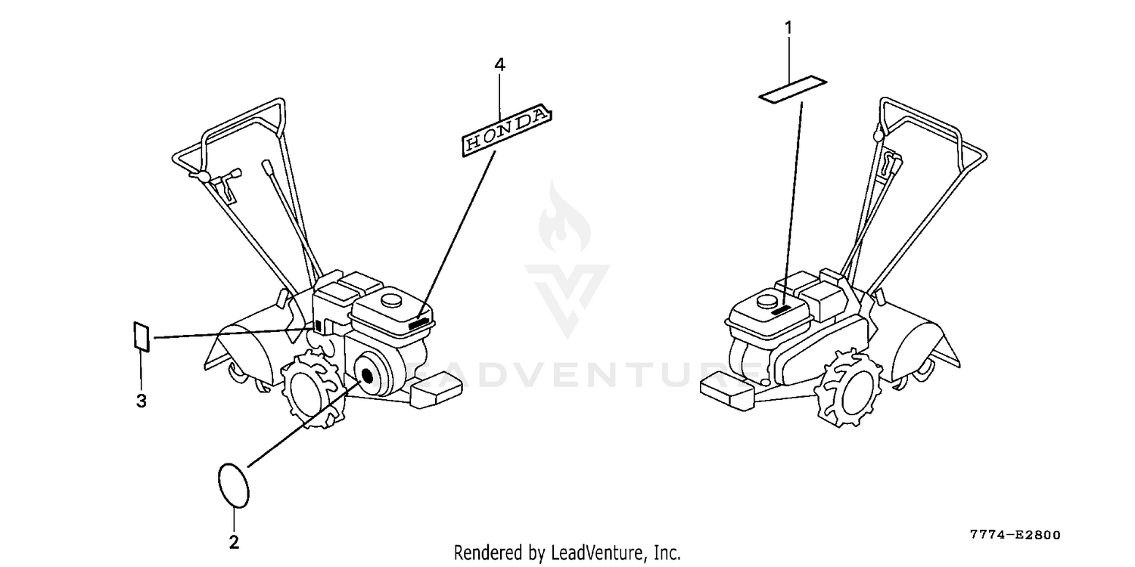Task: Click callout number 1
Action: tap(788, 28)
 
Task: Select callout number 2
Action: tap(234, 542)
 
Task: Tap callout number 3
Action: tap(141, 401)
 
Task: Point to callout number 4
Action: tap(499, 65)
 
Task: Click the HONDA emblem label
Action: tap(507, 130)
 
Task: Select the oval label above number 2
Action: tap(234, 485)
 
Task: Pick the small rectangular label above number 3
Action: tap(141, 336)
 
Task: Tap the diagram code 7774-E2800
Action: tap(1015, 535)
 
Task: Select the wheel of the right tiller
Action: tap(850, 387)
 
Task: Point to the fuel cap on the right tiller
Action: tap(767, 301)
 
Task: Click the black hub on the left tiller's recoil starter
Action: tap(366, 376)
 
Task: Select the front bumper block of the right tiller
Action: tap(726, 390)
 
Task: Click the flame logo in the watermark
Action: tap(564, 218)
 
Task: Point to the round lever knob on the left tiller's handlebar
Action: tap(203, 177)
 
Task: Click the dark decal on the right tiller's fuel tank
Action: tap(782, 310)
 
